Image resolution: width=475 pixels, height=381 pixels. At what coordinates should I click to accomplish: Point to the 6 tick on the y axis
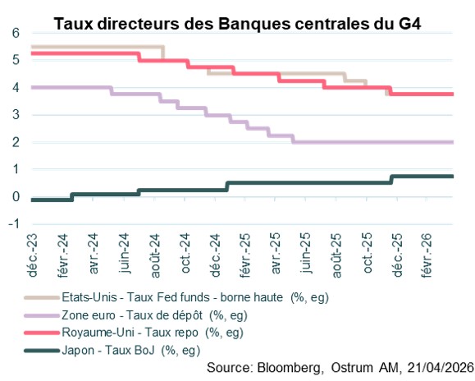(x=15, y=33)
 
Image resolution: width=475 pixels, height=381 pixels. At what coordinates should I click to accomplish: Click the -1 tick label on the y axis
(x=13, y=224)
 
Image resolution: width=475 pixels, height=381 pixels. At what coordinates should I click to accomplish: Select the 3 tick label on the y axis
(x=15, y=115)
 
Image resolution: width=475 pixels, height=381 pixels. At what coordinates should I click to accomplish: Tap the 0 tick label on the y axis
(x=15, y=197)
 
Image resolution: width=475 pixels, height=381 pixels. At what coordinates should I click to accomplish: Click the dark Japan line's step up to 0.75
(x=391, y=179)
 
